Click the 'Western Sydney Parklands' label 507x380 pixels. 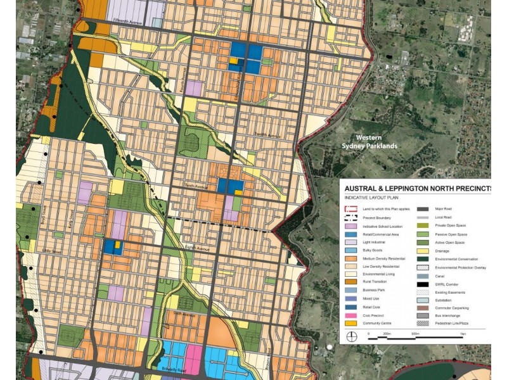coord(376,141)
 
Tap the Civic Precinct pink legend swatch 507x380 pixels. coord(350,314)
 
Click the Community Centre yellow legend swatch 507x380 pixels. coord(350,323)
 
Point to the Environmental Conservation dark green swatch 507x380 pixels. coord(423,258)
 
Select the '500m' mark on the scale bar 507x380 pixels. coord(415,332)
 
